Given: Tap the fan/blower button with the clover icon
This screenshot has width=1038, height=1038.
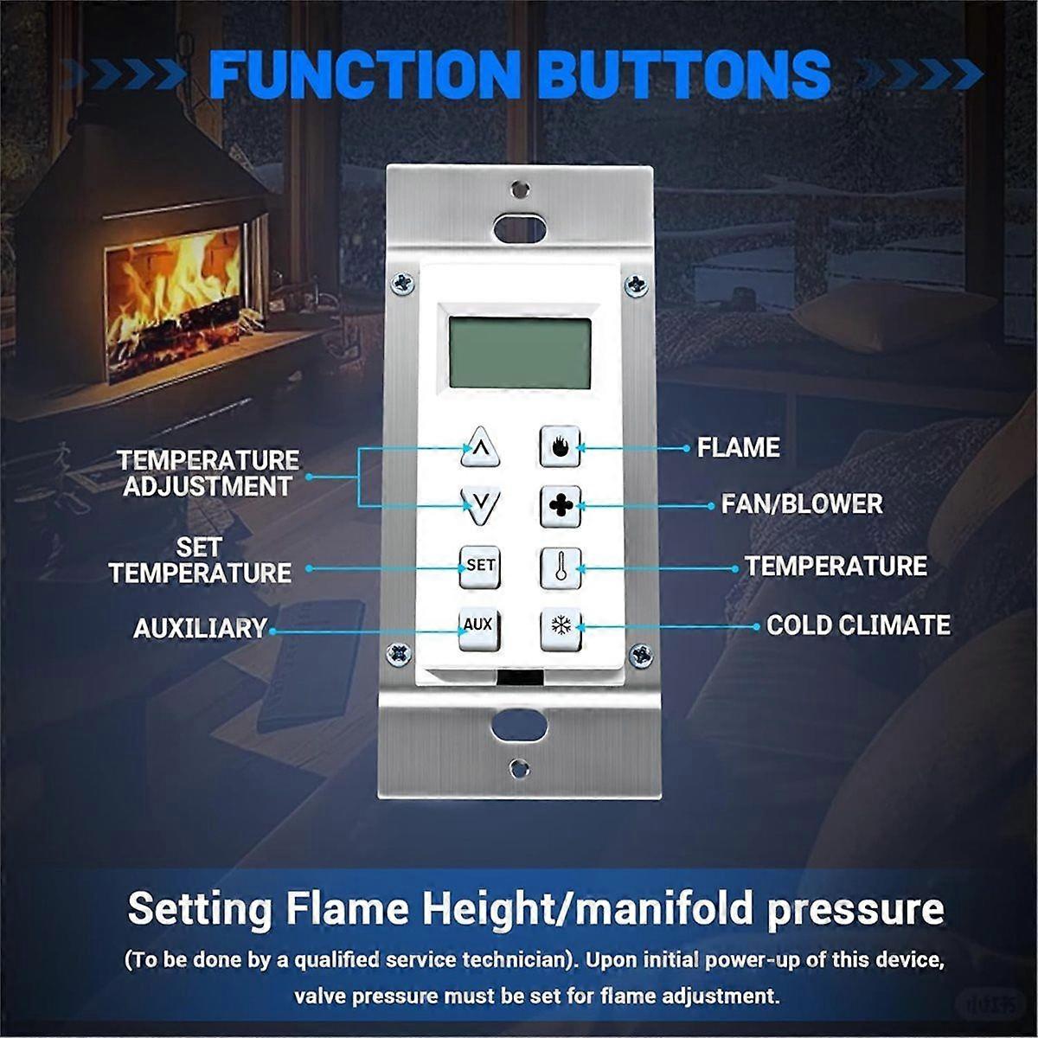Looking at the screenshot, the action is (561, 506).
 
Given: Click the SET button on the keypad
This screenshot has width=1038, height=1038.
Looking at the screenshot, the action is (479, 567).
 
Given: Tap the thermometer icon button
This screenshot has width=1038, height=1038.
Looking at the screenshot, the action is (561, 568).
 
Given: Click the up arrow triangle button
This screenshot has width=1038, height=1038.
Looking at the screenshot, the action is (480, 447).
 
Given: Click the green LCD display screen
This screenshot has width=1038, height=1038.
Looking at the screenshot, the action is (520, 353).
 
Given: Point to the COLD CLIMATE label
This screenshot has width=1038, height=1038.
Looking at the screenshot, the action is (858, 625).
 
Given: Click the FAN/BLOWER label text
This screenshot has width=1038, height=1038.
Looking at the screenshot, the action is (802, 504).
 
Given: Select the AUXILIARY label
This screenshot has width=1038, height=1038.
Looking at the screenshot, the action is (201, 628).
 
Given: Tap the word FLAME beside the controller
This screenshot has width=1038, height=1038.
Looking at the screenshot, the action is (739, 447).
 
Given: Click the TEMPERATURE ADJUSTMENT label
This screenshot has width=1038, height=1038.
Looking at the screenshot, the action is (208, 473).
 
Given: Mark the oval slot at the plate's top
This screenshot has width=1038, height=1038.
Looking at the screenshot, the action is (520, 228).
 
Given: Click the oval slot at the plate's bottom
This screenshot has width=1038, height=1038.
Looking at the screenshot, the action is (519, 723).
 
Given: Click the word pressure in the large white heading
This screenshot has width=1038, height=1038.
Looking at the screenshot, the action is (856, 908).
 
